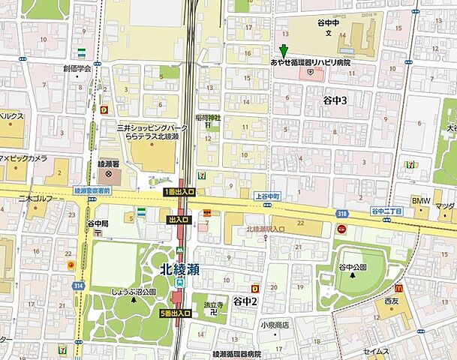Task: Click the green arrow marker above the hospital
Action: pos(283,51)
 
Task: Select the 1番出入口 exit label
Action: pos(179,193)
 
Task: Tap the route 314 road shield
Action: pos(77,287)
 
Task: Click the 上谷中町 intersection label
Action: pos(266,194)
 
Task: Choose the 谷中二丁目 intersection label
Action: pos(386,212)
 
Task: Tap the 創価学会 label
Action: pos(77,68)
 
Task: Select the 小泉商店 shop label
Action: pos(275,325)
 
